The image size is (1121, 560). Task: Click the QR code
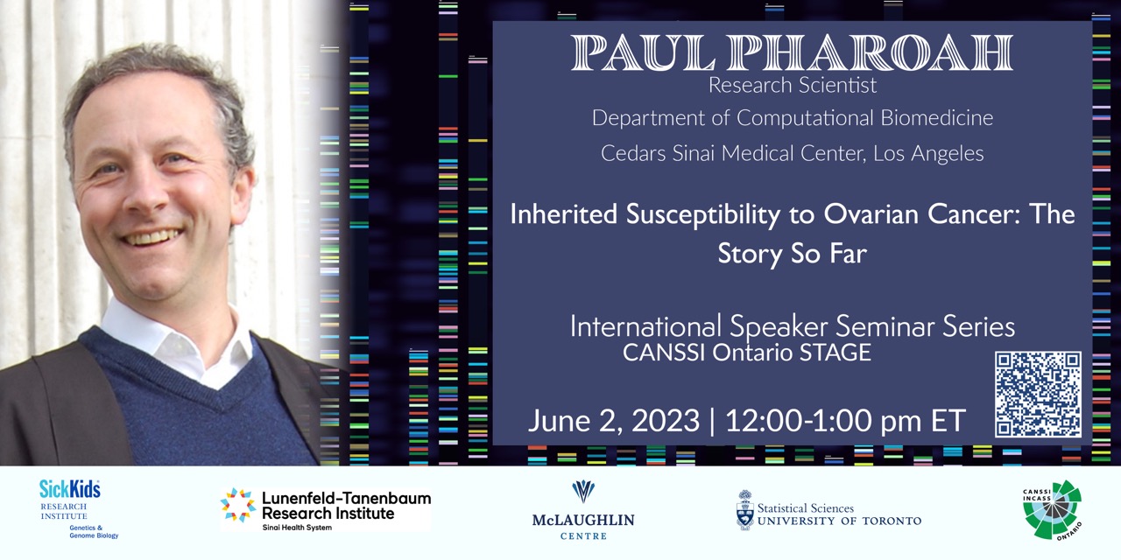click(1038, 394)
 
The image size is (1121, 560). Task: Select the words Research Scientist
click(793, 85)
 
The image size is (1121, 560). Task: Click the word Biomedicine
click(937, 118)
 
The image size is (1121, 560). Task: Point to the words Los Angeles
click(928, 153)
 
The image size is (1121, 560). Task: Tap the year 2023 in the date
click(665, 421)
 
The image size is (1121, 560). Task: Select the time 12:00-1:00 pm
click(822, 421)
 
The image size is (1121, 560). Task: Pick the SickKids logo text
click(69, 489)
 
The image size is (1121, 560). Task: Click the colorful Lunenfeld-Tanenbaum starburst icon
click(238, 505)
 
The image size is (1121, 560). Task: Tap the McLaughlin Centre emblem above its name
click(583, 492)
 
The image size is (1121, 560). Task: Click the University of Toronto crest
click(745, 510)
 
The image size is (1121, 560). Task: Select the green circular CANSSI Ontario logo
click(1053, 510)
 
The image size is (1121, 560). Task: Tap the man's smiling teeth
click(152, 236)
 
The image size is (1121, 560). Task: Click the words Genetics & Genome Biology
click(94, 531)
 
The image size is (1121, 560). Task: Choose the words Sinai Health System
click(297, 527)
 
